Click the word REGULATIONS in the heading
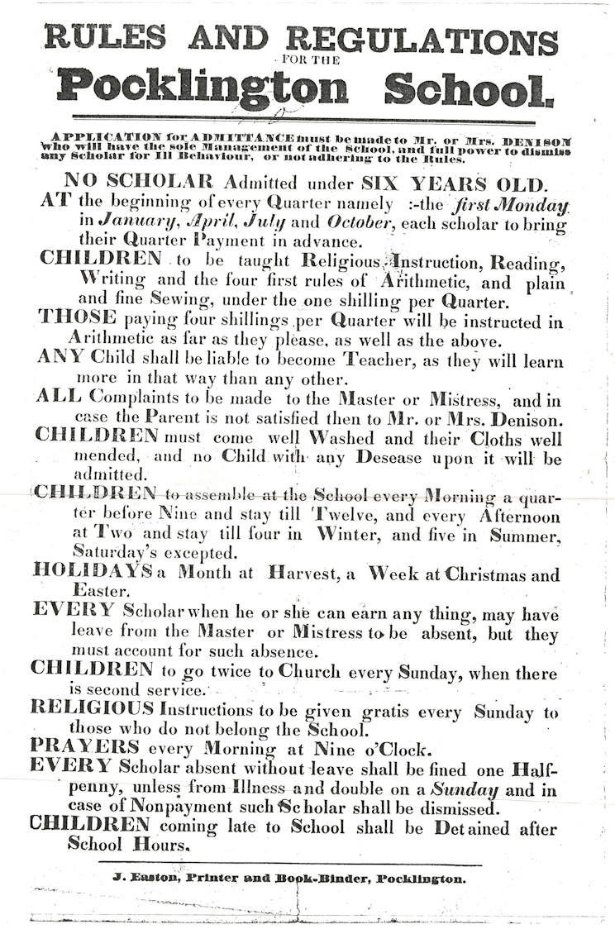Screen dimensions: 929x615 422,40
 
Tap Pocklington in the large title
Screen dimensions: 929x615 202,86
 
